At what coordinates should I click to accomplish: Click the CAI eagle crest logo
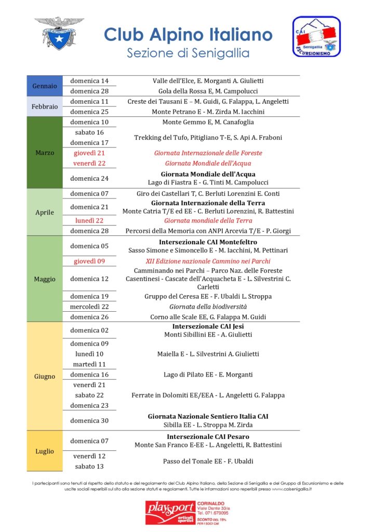(59, 33)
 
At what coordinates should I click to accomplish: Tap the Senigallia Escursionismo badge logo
(316, 36)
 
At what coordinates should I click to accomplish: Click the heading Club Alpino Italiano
(188, 34)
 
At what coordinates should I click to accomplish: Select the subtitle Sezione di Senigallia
(188, 53)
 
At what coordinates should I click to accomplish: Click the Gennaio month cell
(45, 86)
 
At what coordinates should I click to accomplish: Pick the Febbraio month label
(45, 107)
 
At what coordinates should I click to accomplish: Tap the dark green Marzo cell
(45, 153)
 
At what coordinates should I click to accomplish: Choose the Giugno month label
(45, 376)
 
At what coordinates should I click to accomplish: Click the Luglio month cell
(45, 451)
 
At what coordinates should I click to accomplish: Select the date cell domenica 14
(89, 81)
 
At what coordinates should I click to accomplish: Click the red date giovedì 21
(89, 153)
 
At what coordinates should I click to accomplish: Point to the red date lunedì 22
(89, 220)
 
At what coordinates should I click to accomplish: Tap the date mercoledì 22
(89, 307)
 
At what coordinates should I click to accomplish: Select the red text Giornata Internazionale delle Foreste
(208, 153)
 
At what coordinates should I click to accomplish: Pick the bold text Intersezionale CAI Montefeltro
(208, 242)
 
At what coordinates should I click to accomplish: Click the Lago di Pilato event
(208, 375)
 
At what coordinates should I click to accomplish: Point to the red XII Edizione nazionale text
(208, 261)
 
